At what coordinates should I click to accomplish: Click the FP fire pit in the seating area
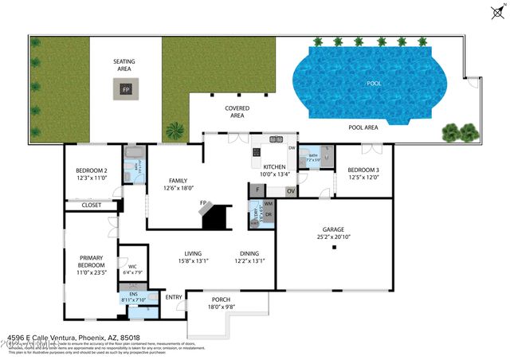126,89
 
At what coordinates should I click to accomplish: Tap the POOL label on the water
374,82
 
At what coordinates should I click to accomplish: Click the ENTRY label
173,298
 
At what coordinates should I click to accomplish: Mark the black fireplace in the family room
216,216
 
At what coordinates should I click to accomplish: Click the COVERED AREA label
237,112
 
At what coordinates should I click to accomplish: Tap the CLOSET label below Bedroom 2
92,205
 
